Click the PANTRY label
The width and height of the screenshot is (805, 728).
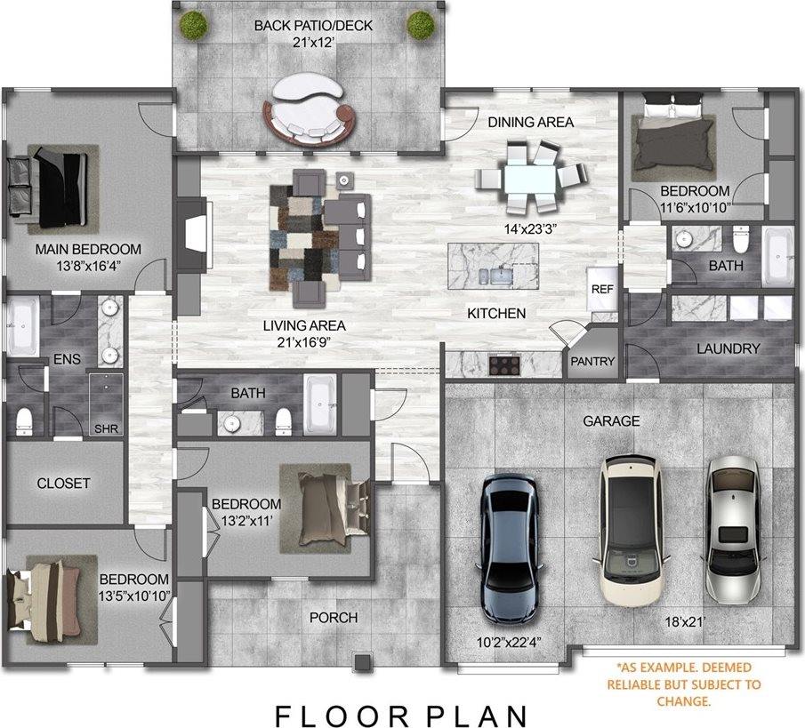click(592, 361)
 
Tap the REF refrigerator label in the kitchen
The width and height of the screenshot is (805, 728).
click(602, 289)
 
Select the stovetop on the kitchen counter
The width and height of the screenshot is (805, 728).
click(504, 364)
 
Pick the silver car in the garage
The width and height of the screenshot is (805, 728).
click(733, 531)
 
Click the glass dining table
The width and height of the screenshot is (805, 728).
click(531, 178)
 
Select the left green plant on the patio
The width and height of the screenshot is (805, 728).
click(193, 25)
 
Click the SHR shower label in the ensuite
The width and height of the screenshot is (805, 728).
click(106, 429)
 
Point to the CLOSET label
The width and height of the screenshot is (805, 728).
click(63, 484)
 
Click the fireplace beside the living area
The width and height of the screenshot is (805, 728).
click(195, 232)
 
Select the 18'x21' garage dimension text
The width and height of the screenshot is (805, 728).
click(685, 622)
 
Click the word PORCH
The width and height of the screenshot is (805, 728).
click(334, 617)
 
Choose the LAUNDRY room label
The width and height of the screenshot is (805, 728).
click(728, 348)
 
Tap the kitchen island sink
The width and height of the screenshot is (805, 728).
click(501, 276)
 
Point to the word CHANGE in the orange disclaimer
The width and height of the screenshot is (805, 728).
click(684, 701)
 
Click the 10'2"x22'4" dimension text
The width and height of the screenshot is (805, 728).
click(509, 642)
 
